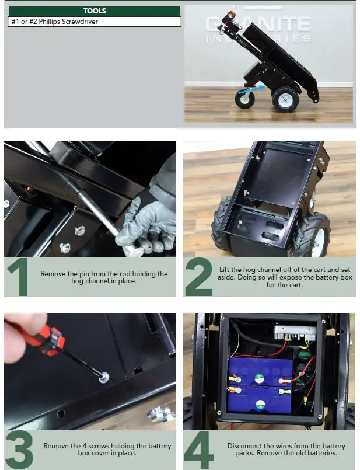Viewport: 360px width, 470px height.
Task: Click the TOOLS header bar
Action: click(x=95, y=11)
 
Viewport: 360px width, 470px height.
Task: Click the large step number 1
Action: click(x=19, y=277)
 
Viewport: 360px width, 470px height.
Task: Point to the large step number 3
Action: click(x=19, y=449)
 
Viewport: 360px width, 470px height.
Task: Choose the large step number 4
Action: click(x=199, y=449)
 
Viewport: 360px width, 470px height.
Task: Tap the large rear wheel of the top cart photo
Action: click(x=285, y=99)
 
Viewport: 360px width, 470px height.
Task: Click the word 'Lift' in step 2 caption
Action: click(x=224, y=269)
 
